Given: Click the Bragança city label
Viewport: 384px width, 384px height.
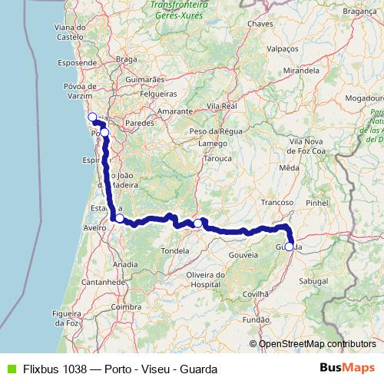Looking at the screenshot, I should (x=359, y=12).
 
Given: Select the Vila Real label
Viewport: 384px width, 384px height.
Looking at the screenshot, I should (x=221, y=105).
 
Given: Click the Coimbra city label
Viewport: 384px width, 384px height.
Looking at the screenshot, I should (x=127, y=306).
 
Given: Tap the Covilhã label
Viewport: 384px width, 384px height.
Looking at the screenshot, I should (x=255, y=293).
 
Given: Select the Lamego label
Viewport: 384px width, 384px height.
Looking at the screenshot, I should (x=214, y=143).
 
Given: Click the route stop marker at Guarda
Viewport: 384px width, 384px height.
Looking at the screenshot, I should (x=289, y=247).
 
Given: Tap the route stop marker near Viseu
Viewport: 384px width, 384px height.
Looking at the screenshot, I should (x=197, y=223).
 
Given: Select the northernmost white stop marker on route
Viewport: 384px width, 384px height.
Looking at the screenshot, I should (x=92, y=118).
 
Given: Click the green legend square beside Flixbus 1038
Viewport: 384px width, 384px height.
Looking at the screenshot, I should (x=9, y=369).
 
